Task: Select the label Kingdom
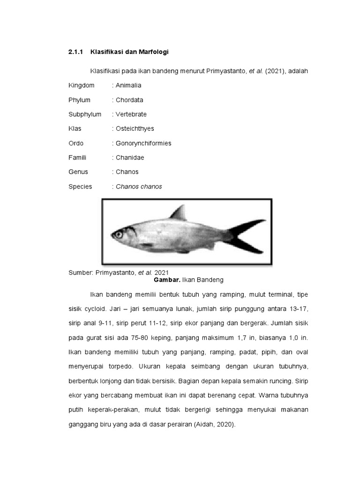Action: point(81,85)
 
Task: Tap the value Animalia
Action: point(128,85)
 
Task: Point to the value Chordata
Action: point(129,100)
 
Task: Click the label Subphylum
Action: point(85,114)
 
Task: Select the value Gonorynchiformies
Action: point(143,143)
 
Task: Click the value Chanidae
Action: point(130,157)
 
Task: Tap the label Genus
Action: point(78,172)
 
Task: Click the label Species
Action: point(80,187)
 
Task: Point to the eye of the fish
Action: point(119,234)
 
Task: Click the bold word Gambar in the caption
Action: point(166,280)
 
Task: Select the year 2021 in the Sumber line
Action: point(161,272)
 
